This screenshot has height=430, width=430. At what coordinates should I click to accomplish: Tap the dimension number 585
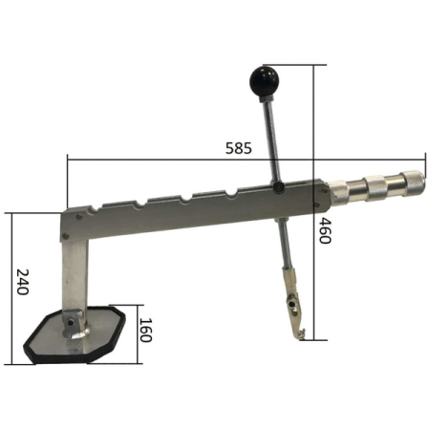tap(238, 148)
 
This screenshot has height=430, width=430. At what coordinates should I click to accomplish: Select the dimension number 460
tap(325, 230)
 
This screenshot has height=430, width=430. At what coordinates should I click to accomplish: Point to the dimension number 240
tap(23, 282)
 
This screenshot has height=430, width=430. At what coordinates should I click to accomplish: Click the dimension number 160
tap(145, 330)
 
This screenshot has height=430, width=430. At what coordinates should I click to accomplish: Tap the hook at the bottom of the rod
tap(300, 334)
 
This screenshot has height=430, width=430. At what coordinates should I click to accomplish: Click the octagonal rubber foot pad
tap(75, 335)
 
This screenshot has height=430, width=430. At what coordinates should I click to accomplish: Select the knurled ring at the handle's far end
tap(413, 183)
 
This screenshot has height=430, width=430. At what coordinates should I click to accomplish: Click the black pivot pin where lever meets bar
tap(278, 186)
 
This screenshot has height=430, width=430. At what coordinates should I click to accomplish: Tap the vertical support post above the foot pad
tap(75, 275)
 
